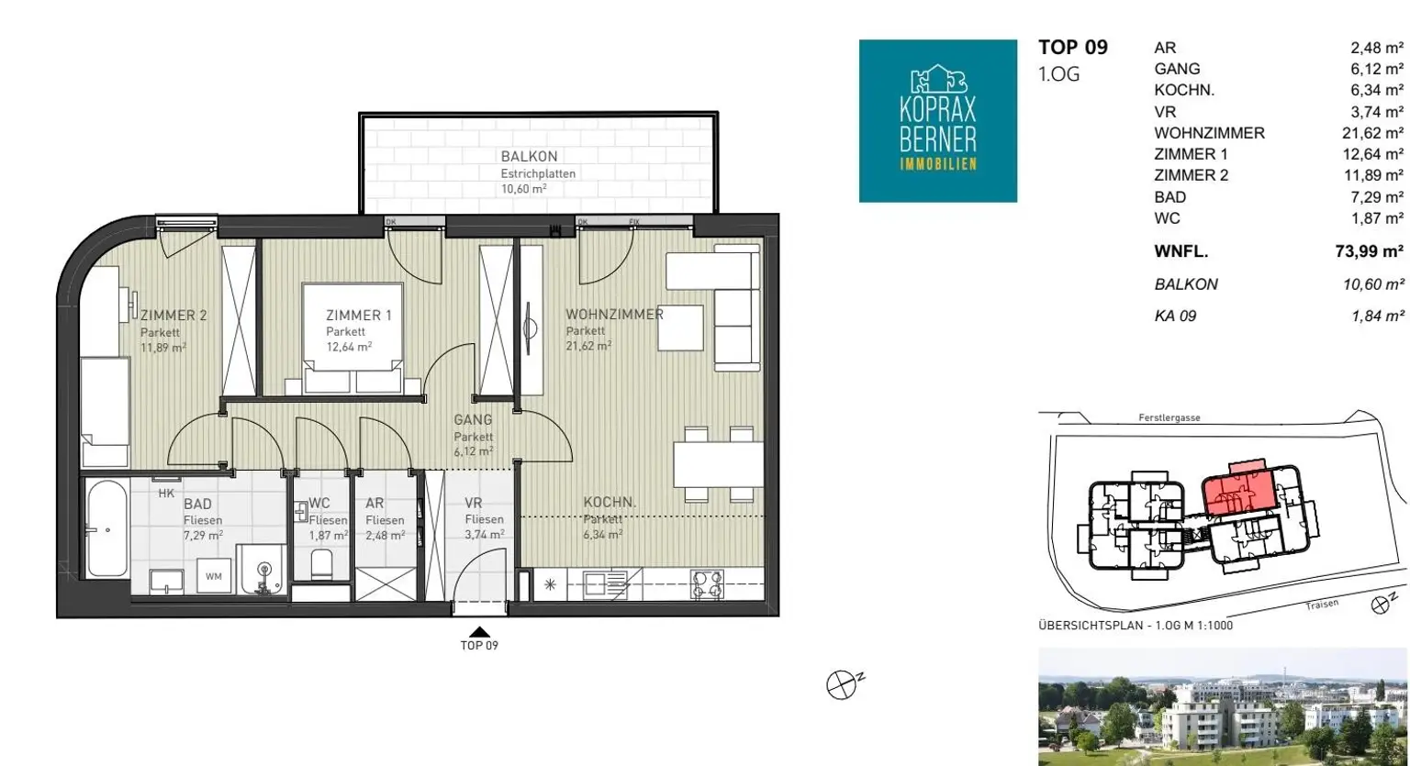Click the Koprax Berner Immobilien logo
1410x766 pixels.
click(x=938, y=121)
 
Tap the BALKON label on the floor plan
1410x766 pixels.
click(x=529, y=156)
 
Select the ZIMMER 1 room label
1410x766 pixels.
click(x=359, y=315)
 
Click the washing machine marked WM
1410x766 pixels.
click(x=213, y=576)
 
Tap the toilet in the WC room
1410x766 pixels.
click(x=321, y=565)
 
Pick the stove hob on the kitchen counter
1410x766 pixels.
click(x=707, y=584)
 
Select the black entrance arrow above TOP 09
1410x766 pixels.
click(x=480, y=632)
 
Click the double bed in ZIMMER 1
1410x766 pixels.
click(x=352, y=339)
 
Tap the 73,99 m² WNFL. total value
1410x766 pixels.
click(x=1369, y=251)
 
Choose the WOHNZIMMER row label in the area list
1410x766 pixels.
click(x=1209, y=133)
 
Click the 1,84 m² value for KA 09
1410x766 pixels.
click(x=1377, y=316)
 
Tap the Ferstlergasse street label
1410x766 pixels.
click(x=1169, y=417)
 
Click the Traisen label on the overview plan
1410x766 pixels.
click(x=1322, y=605)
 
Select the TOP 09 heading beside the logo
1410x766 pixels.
click(x=1073, y=47)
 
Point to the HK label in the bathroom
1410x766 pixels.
click(x=166, y=494)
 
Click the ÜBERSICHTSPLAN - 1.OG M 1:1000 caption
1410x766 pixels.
click(x=1136, y=626)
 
